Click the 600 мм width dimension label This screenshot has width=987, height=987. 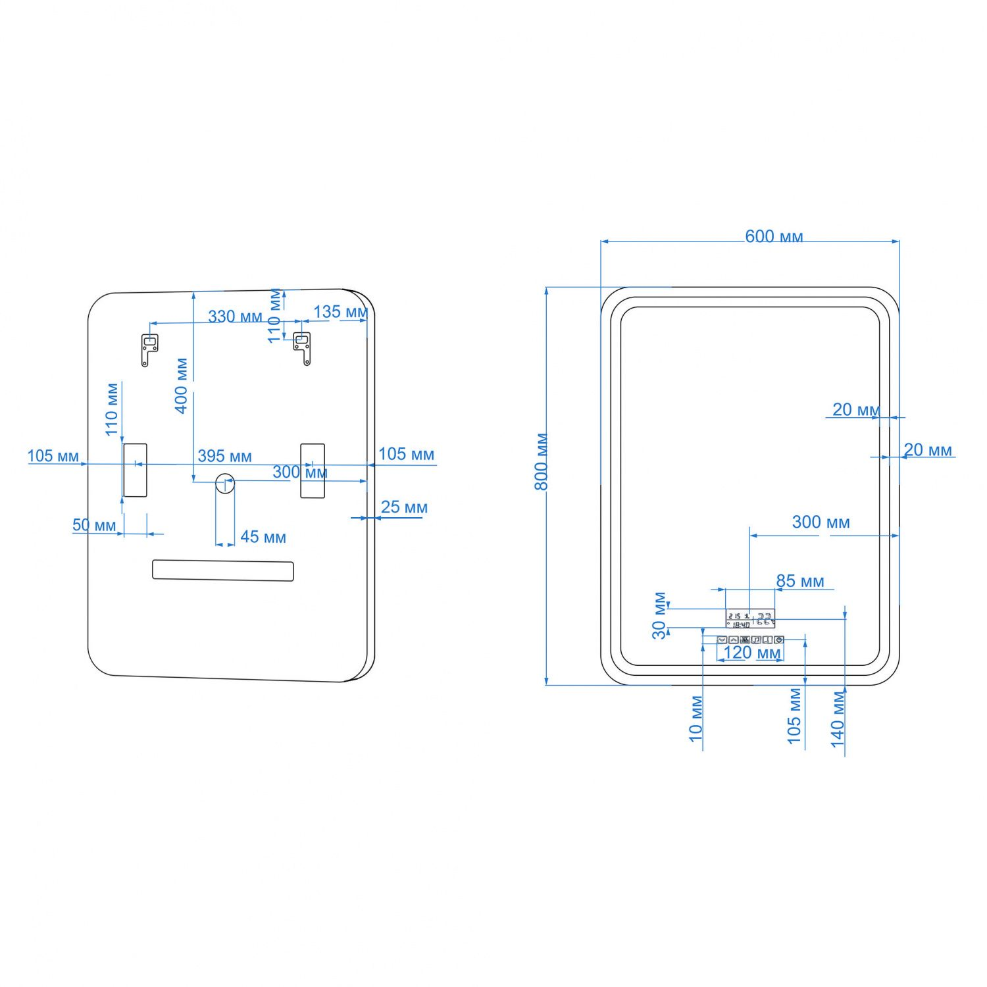point(774,236)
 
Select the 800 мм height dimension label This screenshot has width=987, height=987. point(541,461)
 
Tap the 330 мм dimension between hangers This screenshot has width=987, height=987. point(235,316)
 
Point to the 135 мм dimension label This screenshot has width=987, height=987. point(340,311)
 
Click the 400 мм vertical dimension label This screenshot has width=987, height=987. point(182,386)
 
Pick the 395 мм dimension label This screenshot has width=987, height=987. point(224,455)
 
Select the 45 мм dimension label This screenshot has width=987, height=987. point(263,537)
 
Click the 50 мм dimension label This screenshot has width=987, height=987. point(94,525)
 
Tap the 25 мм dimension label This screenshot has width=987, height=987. point(404,507)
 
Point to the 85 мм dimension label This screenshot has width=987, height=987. point(799,581)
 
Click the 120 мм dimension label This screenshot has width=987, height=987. point(751,653)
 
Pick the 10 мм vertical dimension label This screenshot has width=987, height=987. point(696,719)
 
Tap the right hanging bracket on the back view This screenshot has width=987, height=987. point(302,347)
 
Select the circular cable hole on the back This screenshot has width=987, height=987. point(225,482)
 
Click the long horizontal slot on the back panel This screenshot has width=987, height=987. point(222,570)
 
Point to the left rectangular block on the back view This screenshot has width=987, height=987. point(135,470)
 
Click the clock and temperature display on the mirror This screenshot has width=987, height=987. point(750,619)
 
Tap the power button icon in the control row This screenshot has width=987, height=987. point(779,640)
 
